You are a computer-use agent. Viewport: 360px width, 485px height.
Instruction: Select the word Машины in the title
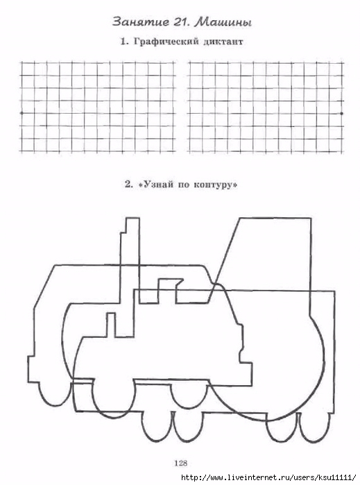tap(223, 22)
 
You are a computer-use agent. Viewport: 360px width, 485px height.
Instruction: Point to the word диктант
tap(223, 42)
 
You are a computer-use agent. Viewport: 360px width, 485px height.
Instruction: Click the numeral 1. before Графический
tap(124, 42)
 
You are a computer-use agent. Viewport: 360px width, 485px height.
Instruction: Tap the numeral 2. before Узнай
tap(129, 185)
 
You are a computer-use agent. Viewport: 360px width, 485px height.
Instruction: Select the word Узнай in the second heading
tap(155, 185)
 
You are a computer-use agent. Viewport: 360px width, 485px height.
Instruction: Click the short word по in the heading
tap(183, 185)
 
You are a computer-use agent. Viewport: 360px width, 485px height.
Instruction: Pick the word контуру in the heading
tap(216, 185)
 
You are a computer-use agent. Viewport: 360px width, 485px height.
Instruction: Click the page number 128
tap(181, 463)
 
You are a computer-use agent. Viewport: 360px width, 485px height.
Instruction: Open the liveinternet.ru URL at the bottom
tap(268, 477)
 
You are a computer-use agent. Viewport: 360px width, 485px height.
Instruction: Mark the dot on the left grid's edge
tap(22, 113)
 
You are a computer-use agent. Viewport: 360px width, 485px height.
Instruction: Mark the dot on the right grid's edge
tap(341, 114)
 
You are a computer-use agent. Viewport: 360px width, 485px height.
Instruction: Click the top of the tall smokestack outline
tap(132, 219)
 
